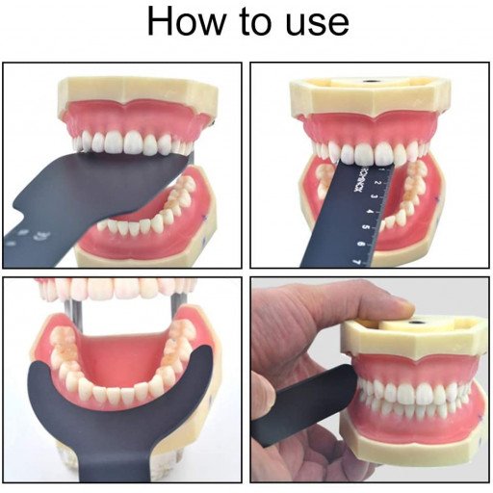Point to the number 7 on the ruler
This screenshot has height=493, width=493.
point(357,259)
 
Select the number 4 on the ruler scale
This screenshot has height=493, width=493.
point(366,217)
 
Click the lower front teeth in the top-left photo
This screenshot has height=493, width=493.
point(135,227)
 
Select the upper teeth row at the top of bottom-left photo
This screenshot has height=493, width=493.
point(116,288)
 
